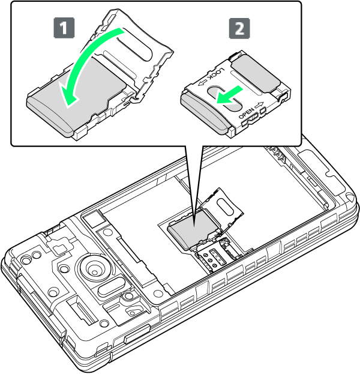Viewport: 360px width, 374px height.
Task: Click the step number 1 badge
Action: point(64,28)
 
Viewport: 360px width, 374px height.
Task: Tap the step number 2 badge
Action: point(239,28)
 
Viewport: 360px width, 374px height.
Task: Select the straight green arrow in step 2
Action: point(229,95)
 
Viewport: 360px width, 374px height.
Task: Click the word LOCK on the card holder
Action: point(216,74)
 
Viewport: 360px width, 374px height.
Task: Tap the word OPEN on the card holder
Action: point(247,113)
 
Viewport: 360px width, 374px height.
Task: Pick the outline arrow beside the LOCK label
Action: point(202,83)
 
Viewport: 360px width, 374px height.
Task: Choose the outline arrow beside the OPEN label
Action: point(259,105)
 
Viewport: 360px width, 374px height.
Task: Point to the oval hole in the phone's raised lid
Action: point(225,206)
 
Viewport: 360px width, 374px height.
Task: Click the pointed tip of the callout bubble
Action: point(194,226)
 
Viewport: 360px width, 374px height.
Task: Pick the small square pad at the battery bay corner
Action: point(93,219)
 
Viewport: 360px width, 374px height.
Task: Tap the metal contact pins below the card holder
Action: point(214,259)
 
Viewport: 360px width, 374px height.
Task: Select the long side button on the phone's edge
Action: point(137,334)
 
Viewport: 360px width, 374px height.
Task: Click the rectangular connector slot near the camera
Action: point(82,312)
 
